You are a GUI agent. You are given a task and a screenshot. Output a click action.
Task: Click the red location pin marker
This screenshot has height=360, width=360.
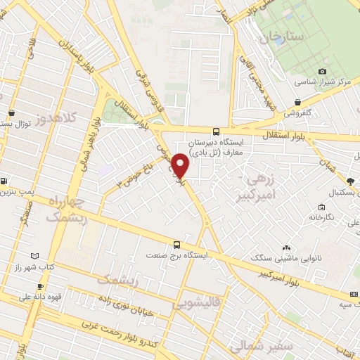pos(180,166)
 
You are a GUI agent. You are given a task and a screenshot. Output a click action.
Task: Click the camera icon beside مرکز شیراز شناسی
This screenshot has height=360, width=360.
pos(323,71)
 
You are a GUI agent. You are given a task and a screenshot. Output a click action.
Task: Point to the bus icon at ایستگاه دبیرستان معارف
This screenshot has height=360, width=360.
pos(216,131)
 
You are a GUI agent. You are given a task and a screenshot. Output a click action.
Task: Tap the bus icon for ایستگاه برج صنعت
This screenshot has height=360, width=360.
pos(176,245)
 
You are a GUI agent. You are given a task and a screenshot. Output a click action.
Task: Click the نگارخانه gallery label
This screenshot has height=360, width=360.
pos(321,218)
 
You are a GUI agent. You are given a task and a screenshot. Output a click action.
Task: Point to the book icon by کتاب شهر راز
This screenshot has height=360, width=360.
pos(35,256)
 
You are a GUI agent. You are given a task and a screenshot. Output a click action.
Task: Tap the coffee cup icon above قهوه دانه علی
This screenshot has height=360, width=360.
pos(40,286)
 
